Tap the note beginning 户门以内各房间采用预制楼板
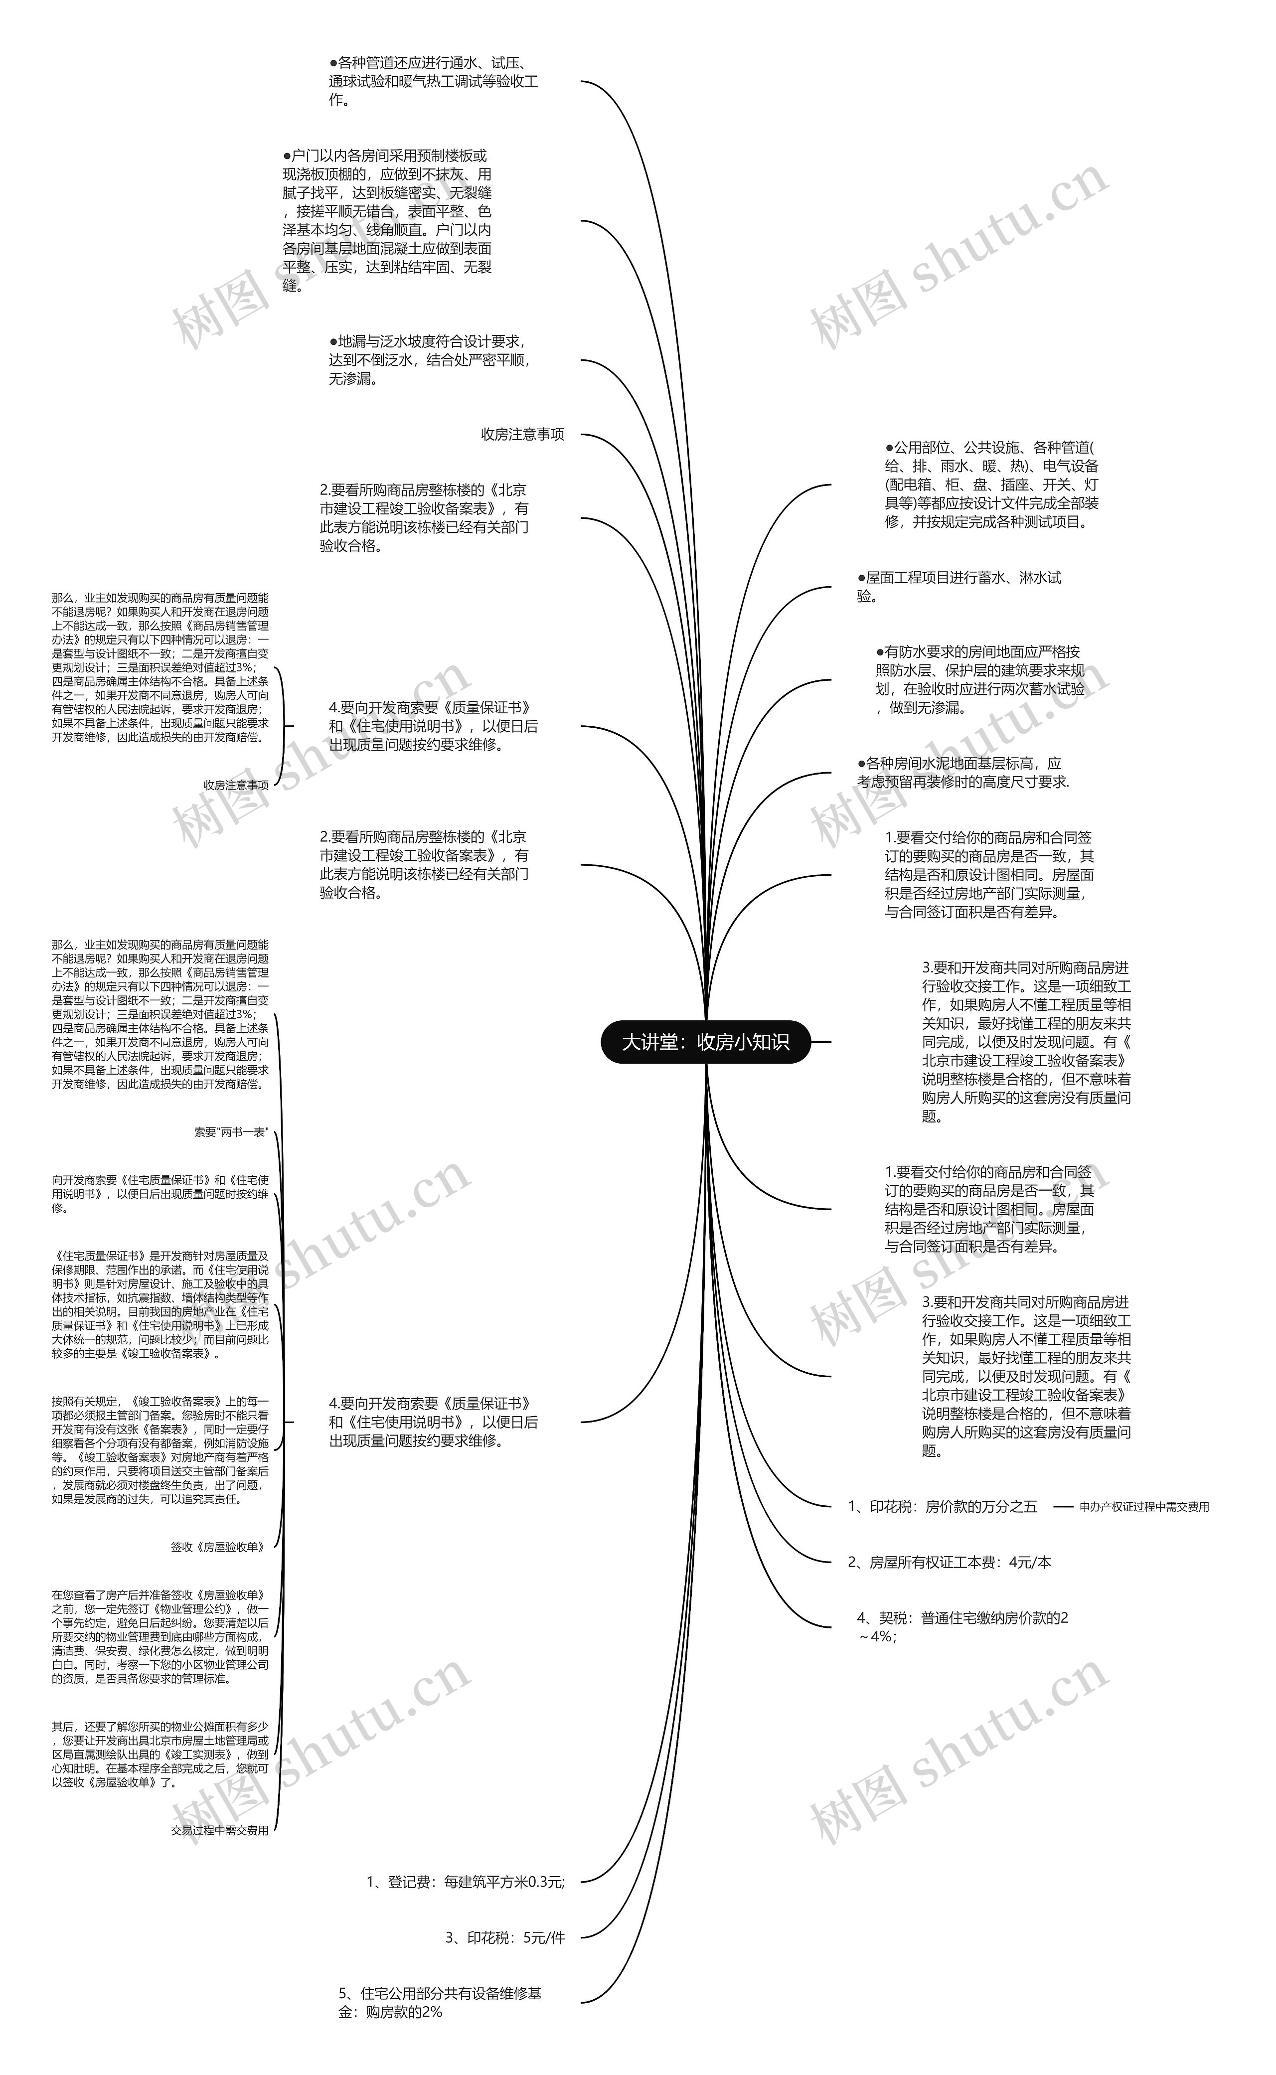pos(387,220)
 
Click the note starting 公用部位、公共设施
pos(991,484)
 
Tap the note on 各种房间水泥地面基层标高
pos(962,772)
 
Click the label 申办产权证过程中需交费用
pos(1143,1506)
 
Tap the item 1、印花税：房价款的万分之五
pos(942,1506)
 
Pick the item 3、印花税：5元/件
pos(504,1937)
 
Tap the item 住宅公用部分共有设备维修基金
pos(440,2002)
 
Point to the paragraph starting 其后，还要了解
pos(160,1755)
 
